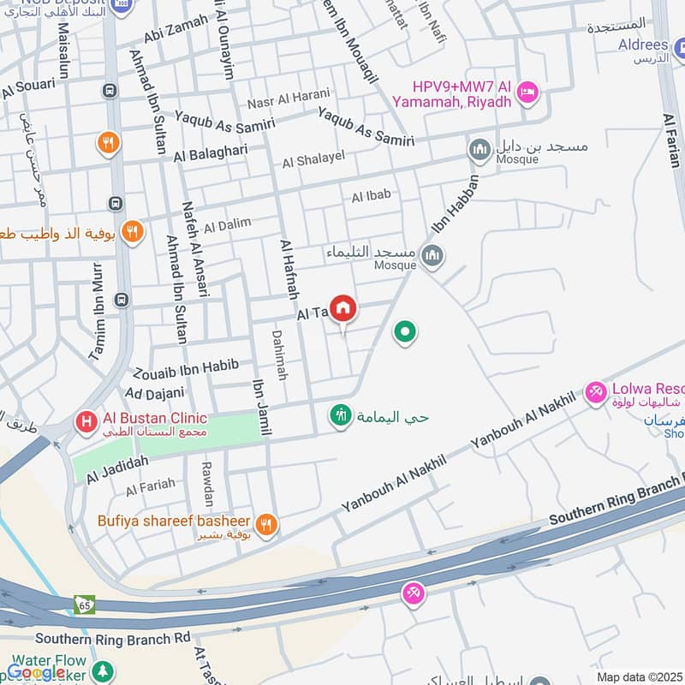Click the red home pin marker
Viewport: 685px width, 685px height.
tap(343, 308)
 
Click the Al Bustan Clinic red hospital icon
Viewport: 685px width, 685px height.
tap(86, 421)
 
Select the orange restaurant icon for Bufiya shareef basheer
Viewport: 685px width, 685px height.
tap(266, 524)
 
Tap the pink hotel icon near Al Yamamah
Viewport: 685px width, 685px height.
tap(528, 90)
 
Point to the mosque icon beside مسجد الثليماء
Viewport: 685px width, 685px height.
tap(432, 255)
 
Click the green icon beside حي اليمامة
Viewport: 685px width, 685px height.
tap(341, 416)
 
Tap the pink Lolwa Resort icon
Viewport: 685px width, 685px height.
tap(595, 393)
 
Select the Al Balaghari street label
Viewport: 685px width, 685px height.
tap(211, 155)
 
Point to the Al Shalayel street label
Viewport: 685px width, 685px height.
tap(313, 160)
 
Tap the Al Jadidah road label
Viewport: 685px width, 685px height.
tap(116, 471)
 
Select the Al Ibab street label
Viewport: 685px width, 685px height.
tap(371, 196)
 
